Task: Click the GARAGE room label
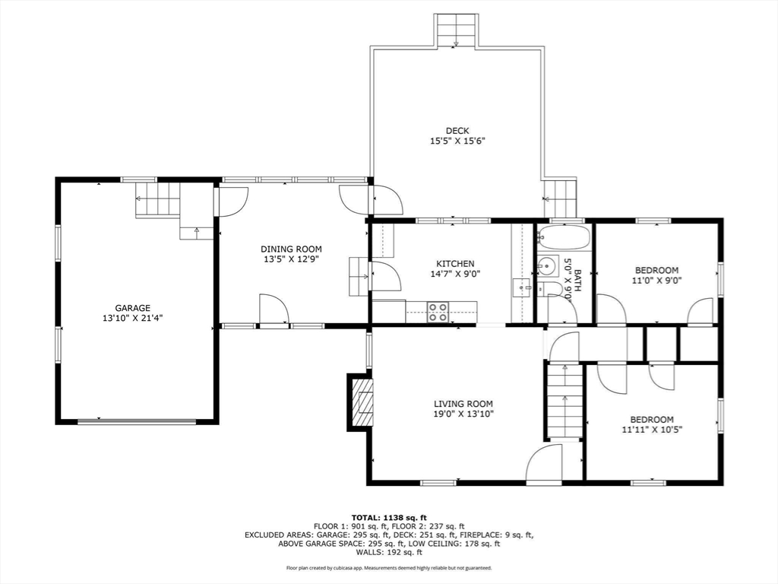[133, 308]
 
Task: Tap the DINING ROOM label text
[291, 249]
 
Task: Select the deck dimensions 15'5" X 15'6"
[457, 141]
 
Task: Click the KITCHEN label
[455, 264]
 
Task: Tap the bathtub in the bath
[564, 237]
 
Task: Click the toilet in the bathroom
[551, 289]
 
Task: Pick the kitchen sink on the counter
[523, 288]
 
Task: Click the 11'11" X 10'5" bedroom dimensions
[652, 430]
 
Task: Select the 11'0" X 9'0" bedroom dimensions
[656, 280]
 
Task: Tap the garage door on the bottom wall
[137, 421]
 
